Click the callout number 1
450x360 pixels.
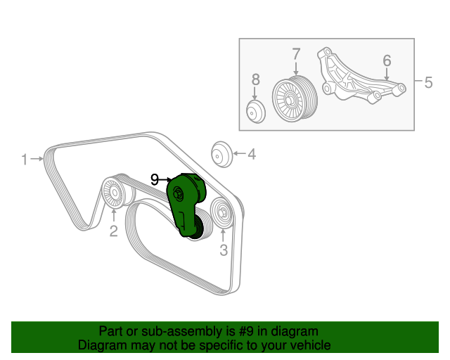[24, 160]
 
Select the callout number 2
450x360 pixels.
[113, 231]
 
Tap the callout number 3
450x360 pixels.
[223, 250]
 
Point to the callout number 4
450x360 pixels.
[251, 154]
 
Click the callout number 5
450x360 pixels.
[427, 82]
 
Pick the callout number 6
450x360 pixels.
[387, 61]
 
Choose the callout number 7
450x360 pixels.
[296, 53]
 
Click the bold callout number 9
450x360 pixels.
[155, 179]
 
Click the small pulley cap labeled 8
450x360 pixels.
[255, 111]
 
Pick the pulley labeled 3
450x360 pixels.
[220, 213]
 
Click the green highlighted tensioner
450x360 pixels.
[187, 207]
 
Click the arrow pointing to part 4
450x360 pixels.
[238, 154]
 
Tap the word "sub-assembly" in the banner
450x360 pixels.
[170, 331]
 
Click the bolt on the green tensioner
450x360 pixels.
[178, 195]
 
